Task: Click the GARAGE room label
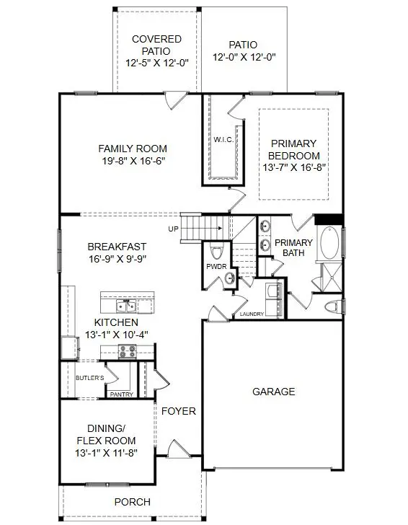tap(273, 392)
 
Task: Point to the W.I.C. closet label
tap(221, 139)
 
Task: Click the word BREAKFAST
tap(117, 245)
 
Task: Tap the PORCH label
tap(133, 502)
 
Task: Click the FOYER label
tap(178, 411)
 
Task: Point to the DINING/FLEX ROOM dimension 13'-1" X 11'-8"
tap(107, 452)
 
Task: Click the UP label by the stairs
tap(173, 229)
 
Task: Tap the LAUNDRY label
tap(252, 314)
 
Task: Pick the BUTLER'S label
tap(90, 378)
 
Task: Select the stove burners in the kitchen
tap(127, 351)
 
